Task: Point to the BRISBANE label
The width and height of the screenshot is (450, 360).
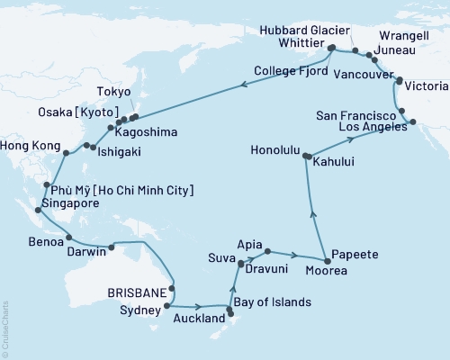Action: tap(135, 292)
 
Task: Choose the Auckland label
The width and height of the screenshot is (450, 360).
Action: tap(199, 319)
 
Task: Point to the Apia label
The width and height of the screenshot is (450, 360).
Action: tap(249, 244)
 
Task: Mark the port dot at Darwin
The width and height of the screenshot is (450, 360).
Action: tap(112, 246)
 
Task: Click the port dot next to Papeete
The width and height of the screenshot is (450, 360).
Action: tap(325, 258)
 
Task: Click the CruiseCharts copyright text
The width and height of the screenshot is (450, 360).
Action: tap(4, 325)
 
